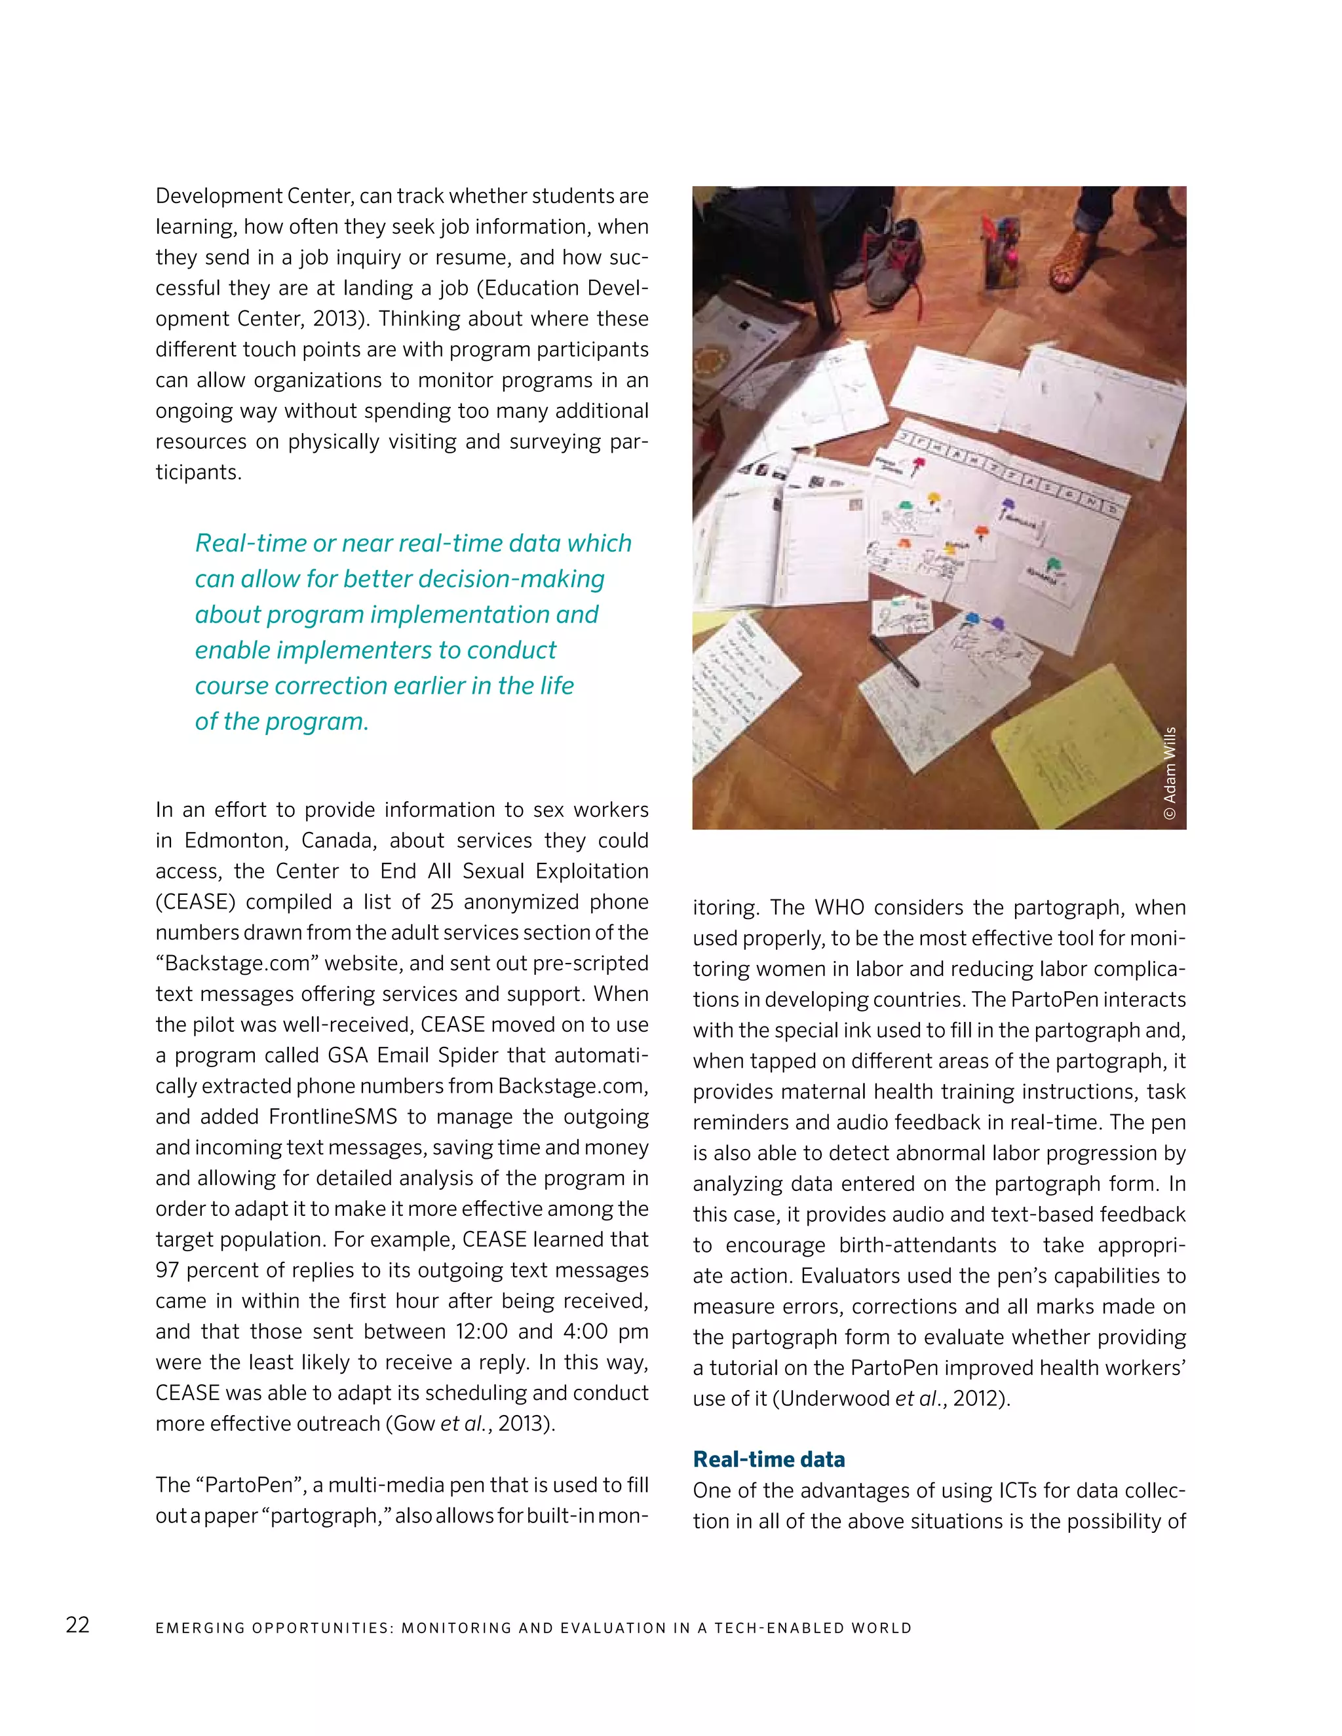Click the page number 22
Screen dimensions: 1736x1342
click(x=78, y=1625)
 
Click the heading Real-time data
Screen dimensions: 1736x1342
click(x=768, y=1460)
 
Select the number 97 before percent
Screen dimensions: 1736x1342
click(x=167, y=1270)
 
